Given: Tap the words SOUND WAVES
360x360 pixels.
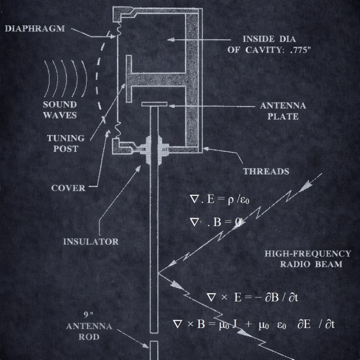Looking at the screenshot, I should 60,110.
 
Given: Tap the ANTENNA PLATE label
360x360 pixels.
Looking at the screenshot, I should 279,111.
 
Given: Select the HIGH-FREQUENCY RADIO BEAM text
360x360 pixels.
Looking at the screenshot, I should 308,259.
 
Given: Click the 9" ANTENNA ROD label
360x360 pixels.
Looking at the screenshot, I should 89,326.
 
